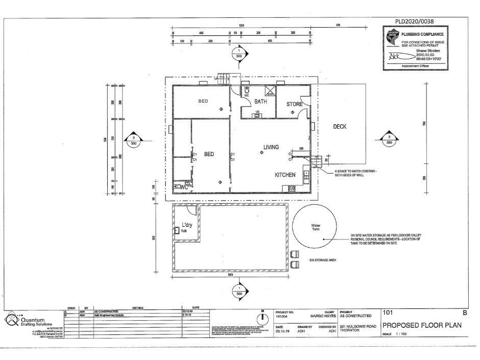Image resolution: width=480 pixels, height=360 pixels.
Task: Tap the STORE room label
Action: pyautogui.click(x=294, y=104)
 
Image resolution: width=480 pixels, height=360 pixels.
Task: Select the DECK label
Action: pyautogui.click(x=340, y=127)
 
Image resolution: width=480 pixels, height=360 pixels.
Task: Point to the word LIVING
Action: pyautogui.click(x=271, y=147)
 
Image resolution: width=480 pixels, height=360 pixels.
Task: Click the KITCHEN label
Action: pyautogui.click(x=285, y=175)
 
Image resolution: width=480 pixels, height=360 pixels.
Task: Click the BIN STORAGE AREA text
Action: pyautogui.click(x=322, y=260)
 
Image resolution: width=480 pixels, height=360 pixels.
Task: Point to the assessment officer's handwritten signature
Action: pyautogui.click(x=397, y=55)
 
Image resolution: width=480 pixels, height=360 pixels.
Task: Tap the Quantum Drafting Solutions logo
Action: pyautogui.click(x=11, y=320)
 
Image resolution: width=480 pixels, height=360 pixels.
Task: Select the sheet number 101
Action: pyautogui.click(x=389, y=312)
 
